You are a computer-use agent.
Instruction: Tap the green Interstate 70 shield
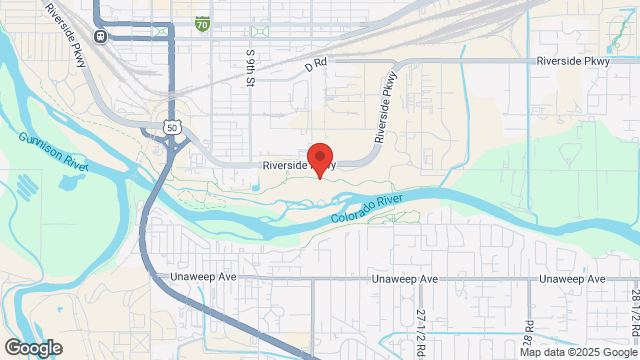(203, 21)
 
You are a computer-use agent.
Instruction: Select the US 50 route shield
(172, 128)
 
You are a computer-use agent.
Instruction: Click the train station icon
(101, 36)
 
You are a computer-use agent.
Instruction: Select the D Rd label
(316, 66)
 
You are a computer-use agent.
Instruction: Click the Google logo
(32, 348)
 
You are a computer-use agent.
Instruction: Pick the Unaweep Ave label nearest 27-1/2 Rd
(404, 279)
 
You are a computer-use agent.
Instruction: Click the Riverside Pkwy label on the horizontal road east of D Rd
(573, 60)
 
